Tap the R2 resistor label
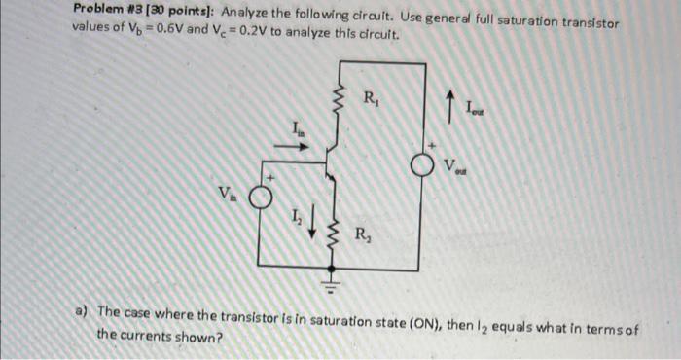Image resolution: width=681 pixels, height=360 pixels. pos(361,234)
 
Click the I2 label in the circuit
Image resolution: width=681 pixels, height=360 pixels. pos(294,218)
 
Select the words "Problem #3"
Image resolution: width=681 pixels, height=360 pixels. pos(106,10)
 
